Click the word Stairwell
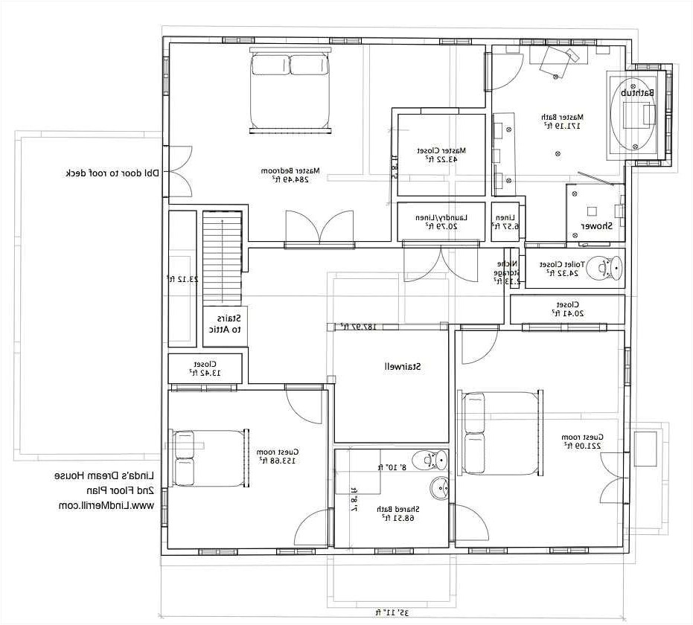403,366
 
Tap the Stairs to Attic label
223,324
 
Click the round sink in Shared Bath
438,488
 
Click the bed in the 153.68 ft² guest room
209,457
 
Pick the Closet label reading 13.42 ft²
205,368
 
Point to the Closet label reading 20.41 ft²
566,309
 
